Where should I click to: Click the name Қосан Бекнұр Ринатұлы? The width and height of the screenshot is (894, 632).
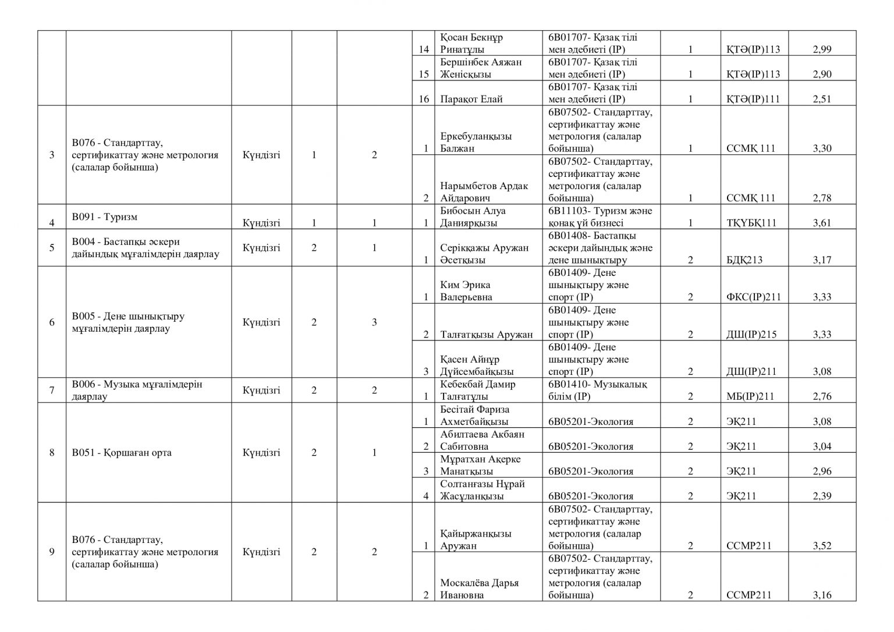[x=472, y=44]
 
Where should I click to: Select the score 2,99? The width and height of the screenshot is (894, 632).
[x=822, y=49]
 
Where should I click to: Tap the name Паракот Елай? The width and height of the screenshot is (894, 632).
[x=471, y=99]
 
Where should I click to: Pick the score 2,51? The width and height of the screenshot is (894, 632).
[x=822, y=99]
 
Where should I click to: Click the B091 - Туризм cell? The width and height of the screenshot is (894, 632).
[x=105, y=217]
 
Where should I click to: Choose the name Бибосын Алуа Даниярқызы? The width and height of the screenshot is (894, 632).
[x=473, y=217]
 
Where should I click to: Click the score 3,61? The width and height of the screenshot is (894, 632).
[x=822, y=223]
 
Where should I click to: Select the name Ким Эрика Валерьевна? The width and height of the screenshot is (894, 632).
[x=467, y=291]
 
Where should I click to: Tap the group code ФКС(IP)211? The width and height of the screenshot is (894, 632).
[x=754, y=297]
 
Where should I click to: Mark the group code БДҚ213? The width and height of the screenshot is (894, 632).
[x=744, y=260]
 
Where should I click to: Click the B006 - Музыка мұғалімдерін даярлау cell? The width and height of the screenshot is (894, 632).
[x=137, y=390]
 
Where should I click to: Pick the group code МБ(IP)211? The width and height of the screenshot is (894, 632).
[x=750, y=396]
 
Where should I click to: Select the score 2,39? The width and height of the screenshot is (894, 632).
[x=822, y=496]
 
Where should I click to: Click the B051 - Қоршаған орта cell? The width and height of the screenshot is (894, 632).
[x=122, y=453]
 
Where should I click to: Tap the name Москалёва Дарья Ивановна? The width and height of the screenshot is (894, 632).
[x=480, y=589]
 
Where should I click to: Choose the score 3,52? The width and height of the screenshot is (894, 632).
[x=822, y=546]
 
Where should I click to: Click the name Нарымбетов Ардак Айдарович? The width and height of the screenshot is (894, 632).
[x=484, y=192]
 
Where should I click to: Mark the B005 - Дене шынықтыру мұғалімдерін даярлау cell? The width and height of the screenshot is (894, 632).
[x=128, y=322]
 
